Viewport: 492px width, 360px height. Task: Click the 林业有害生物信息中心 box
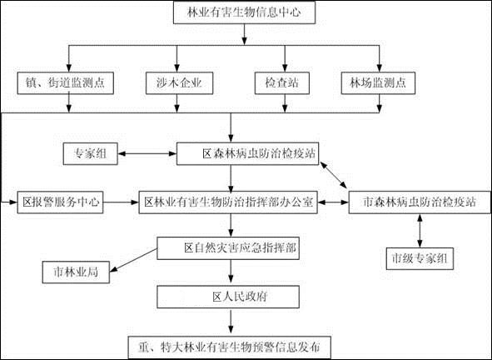244,12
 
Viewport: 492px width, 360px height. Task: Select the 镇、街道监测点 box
65,83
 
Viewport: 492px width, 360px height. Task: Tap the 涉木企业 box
179,83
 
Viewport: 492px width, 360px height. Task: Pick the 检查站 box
281,83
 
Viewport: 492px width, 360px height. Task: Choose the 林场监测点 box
378,83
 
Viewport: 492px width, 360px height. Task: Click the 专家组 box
91,153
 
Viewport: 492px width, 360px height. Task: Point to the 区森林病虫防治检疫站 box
247,153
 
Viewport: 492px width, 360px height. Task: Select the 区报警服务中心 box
60,202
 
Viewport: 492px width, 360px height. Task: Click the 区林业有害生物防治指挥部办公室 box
228,202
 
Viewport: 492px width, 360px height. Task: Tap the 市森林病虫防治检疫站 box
420,202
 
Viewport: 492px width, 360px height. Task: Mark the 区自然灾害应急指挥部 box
228,248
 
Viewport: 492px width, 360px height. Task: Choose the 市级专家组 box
420,259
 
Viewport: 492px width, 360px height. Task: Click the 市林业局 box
76,272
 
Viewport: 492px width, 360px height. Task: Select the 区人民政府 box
228,297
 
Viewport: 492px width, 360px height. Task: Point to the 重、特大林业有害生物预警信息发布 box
230,347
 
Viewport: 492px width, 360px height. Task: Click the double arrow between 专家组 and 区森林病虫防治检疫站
147,153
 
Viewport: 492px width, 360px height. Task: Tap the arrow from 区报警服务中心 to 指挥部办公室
121,202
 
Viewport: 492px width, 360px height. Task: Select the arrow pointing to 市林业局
133,261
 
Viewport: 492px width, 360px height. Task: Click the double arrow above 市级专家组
420,231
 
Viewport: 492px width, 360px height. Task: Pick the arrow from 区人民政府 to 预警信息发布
231,322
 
